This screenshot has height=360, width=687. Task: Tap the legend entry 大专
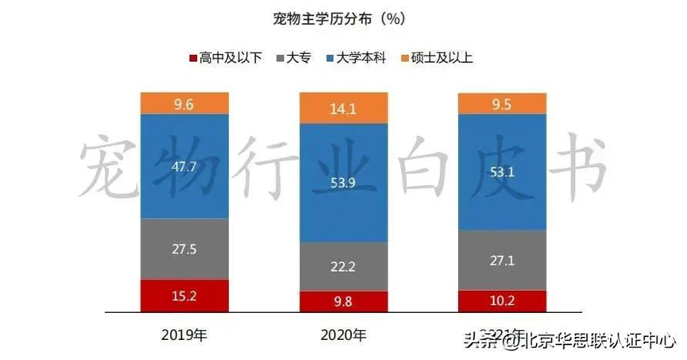tap(299, 58)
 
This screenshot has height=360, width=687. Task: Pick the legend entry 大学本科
tap(354, 58)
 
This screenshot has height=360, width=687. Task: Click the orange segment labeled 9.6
tap(184, 103)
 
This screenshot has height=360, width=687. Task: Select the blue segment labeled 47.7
tap(184, 166)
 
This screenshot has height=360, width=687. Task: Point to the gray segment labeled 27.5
tap(184, 248)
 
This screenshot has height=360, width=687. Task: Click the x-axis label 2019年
tap(184, 335)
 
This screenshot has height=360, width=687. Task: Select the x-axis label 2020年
tap(344, 335)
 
